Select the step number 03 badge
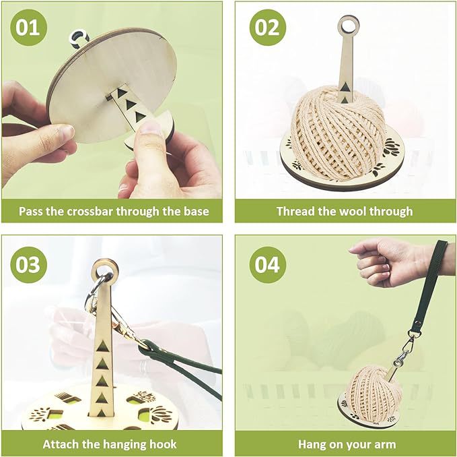pos(29,264)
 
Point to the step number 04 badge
pos(268,264)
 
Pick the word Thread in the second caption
pos(295,211)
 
